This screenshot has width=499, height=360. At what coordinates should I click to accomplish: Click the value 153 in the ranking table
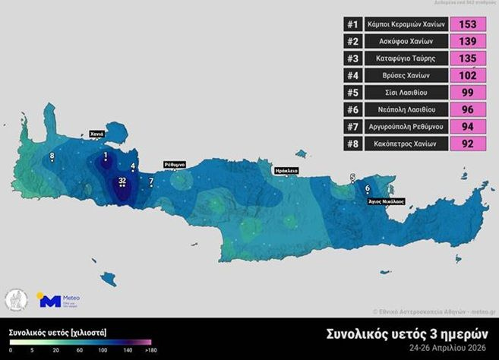468,24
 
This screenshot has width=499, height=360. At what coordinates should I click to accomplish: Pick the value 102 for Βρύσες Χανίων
468,75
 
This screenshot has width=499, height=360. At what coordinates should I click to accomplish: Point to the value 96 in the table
468,109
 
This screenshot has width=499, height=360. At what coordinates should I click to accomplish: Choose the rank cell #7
352,127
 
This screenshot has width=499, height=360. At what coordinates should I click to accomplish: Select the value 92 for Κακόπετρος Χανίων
468,144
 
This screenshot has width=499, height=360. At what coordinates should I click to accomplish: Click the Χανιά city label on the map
96,134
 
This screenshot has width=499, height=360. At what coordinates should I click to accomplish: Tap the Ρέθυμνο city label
173,163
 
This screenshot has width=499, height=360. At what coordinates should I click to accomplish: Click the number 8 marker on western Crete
52,156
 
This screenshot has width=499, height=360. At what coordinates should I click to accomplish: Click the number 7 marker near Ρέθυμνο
151,182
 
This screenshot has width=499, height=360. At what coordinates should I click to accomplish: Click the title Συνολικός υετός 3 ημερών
408,334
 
